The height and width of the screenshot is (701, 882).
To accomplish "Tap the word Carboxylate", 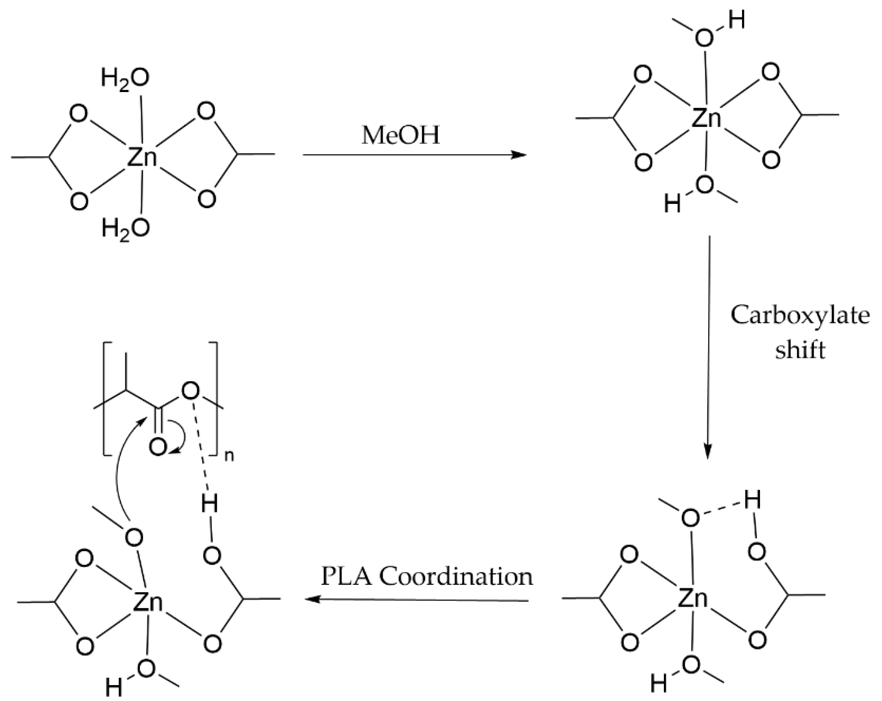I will click(800, 316).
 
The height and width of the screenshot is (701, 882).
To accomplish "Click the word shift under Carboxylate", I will click(800, 350).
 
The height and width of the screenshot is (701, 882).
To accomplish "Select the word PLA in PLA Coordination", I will click(346, 577).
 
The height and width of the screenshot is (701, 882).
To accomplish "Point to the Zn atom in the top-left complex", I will click(142, 157).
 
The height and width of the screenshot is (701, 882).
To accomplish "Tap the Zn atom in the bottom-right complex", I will click(693, 599).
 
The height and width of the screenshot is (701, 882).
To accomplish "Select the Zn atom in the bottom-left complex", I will click(148, 602).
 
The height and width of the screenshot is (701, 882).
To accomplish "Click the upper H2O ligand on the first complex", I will click(125, 78).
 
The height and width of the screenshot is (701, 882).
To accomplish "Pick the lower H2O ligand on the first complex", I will click(126, 228).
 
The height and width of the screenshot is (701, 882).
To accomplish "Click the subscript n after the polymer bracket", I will click(229, 456).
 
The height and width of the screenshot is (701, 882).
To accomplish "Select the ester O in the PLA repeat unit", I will click(190, 391).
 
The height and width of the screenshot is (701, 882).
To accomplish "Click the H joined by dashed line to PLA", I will click(210, 505).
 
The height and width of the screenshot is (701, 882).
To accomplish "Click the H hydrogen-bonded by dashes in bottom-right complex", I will click(752, 499).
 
